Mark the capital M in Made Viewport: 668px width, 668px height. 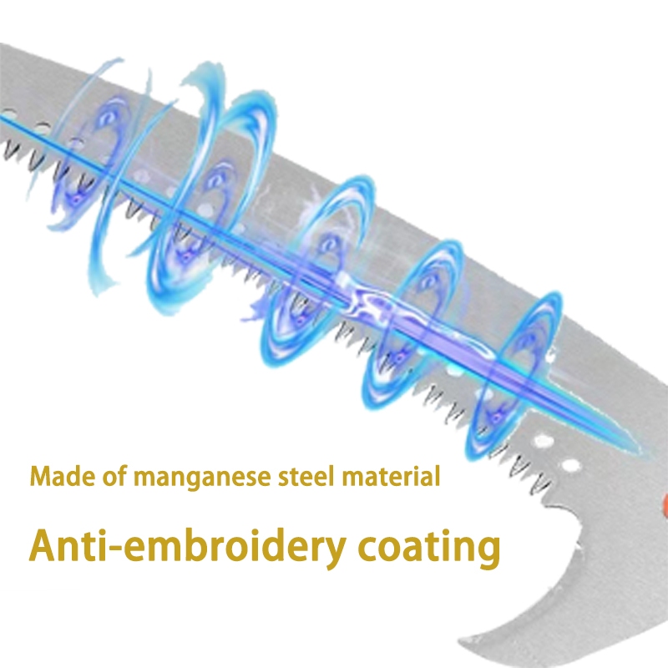39,478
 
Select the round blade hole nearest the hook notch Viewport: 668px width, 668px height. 574,464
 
